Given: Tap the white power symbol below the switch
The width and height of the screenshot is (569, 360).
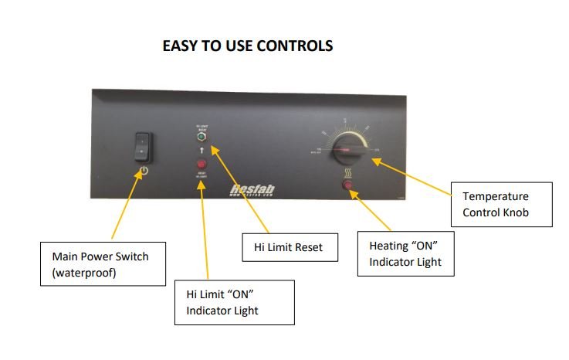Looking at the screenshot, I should click(x=142, y=168).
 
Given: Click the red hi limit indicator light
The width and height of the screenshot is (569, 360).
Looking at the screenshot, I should click(x=202, y=165).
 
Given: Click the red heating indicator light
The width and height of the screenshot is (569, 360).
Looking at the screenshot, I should click(x=347, y=186).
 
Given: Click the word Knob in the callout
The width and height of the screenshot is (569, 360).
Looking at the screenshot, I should click(x=513, y=212).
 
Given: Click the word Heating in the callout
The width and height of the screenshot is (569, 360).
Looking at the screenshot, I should click(x=388, y=246).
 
